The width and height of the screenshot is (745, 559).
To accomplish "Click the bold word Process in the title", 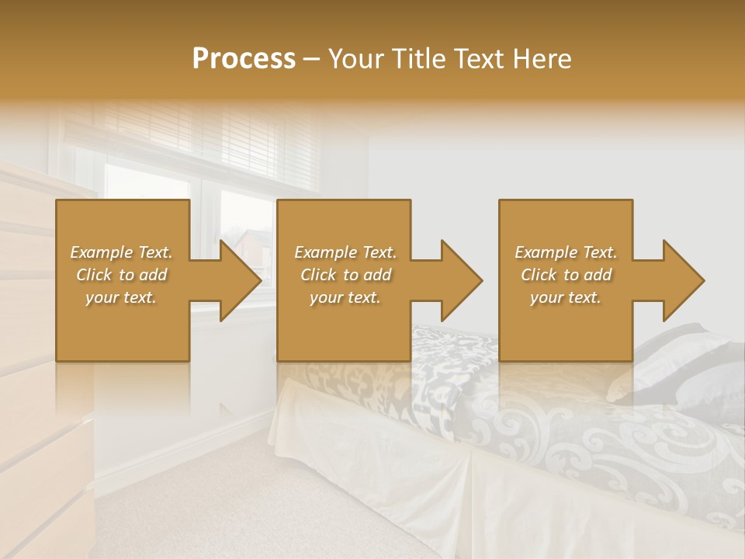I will pos(244,59).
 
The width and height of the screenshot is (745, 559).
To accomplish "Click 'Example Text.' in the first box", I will pos(121,252).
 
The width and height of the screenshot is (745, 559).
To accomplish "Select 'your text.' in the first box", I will pos(121,297).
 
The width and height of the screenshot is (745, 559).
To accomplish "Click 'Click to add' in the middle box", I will pos(345,275).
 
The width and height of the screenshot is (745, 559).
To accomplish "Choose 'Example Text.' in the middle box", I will pos(345,252).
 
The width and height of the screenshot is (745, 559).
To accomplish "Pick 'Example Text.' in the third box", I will pos(566,252).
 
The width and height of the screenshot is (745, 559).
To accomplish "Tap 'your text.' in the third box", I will pos(566,297).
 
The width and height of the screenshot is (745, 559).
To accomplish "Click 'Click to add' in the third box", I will pos(566,275).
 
